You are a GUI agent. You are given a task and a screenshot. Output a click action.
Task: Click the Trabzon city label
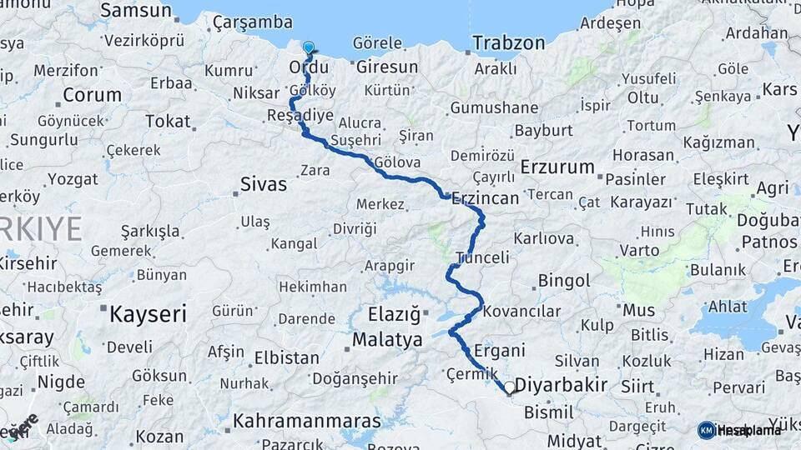(508, 43)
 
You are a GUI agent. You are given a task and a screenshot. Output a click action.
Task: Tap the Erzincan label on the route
(486, 198)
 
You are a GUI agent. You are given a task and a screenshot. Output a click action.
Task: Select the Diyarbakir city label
(561, 386)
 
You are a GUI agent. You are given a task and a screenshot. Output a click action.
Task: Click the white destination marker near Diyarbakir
(510, 387)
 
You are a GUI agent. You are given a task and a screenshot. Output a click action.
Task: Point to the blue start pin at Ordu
(309, 48)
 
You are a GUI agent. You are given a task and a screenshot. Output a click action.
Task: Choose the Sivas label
(263, 184)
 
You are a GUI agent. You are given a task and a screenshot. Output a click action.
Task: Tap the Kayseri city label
(149, 313)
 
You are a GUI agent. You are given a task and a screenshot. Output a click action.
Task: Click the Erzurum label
(557, 167)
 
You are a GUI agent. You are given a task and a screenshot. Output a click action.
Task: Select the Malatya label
(387, 340)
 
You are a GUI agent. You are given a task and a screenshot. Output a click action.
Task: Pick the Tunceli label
(482, 257)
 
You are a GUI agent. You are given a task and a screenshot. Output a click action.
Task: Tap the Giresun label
(387, 67)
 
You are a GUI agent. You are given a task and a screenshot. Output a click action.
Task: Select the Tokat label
(168, 122)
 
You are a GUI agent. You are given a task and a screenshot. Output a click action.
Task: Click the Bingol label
(565, 281)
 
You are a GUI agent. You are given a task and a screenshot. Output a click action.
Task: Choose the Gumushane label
(494, 108)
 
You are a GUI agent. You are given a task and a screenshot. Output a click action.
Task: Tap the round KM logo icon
(707, 430)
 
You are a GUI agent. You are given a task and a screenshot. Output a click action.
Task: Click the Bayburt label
(544, 131)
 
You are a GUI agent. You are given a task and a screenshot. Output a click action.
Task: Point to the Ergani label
(499, 351)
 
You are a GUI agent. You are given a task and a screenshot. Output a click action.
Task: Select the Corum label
(92, 94)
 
